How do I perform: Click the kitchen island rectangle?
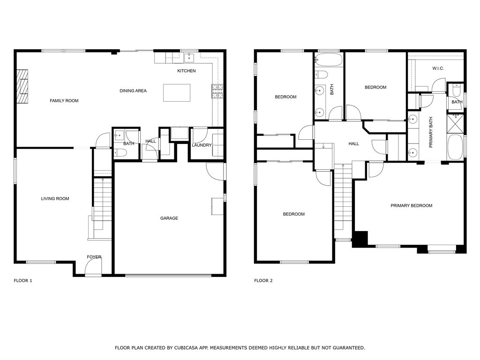point(177,93)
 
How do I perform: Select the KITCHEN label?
point(186,71)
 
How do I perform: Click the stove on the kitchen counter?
point(217,91)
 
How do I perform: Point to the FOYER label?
point(94,257)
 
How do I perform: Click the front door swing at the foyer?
point(93,268)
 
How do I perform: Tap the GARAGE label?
point(169,218)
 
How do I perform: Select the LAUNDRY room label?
point(202,145)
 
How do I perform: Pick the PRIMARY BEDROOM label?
point(411,206)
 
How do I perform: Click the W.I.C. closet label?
point(438,68)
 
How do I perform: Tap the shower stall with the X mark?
point(455,124)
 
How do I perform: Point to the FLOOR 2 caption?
point(263,281)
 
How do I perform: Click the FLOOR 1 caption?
point(23,281)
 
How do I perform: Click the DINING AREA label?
point(133,91)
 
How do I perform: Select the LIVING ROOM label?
point(55,199)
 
